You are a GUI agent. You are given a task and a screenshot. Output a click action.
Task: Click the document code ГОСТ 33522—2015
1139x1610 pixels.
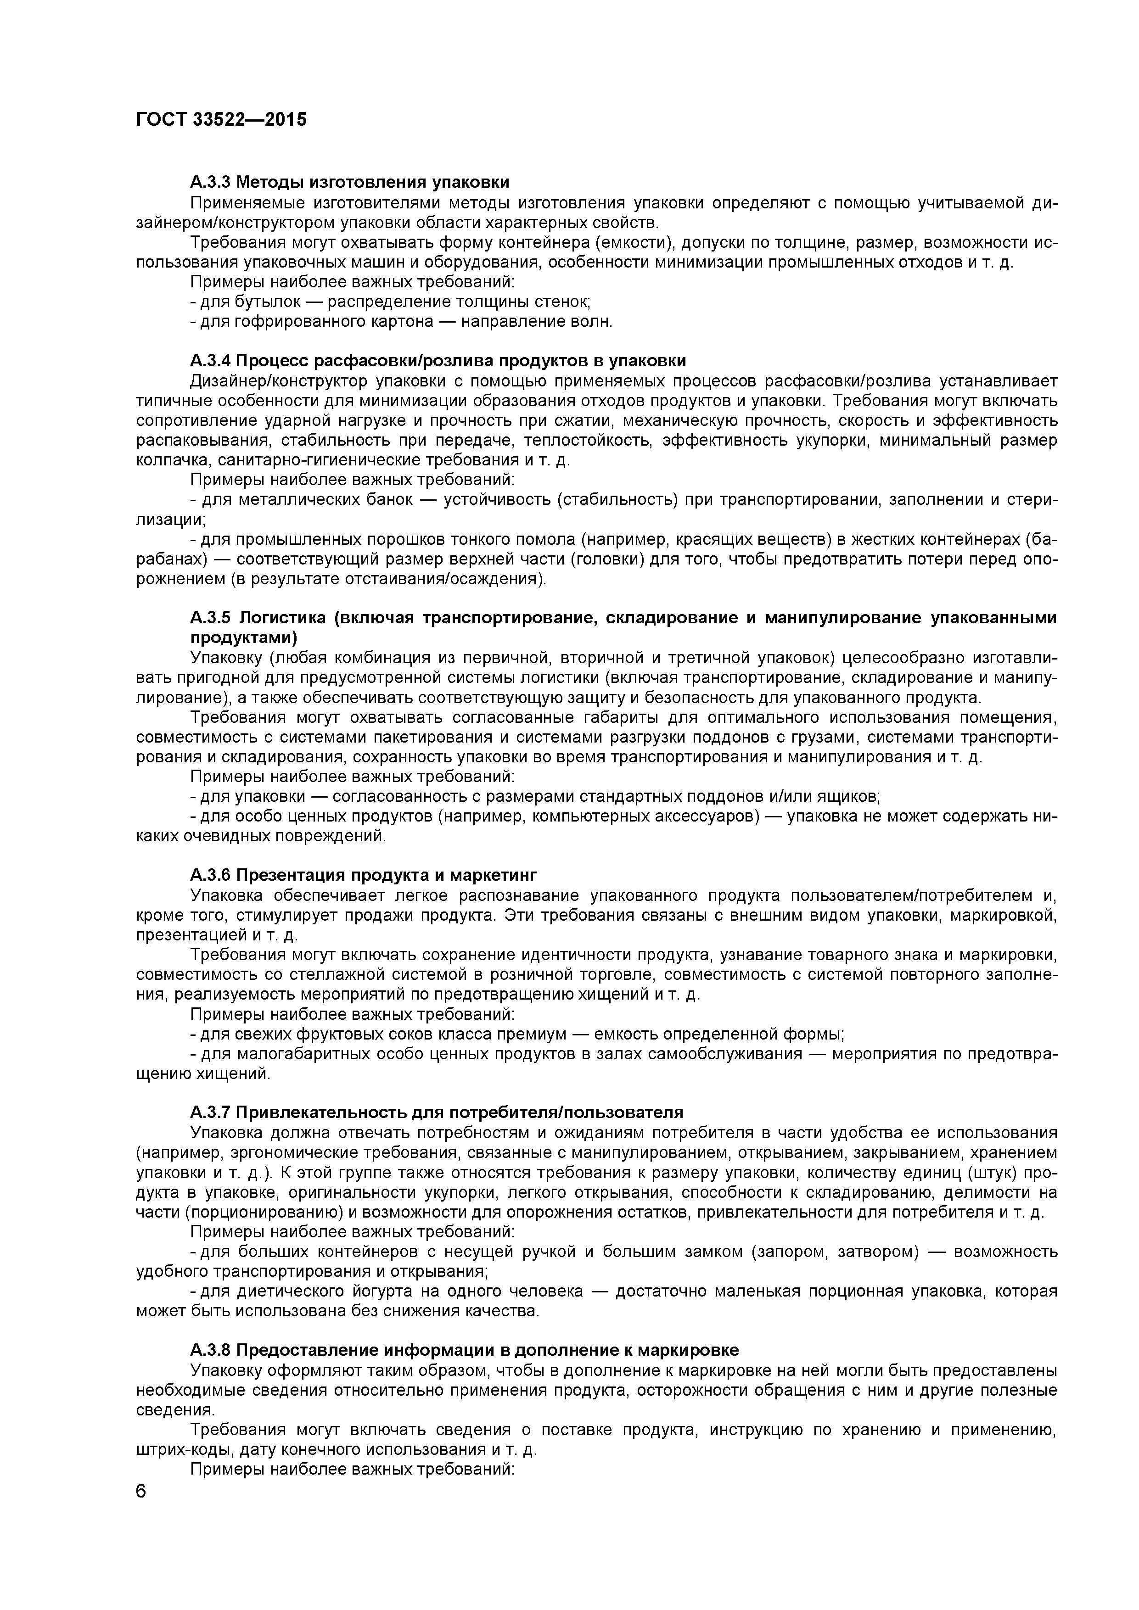[221, 120]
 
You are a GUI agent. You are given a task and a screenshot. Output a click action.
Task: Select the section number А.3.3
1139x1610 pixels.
[210, 182]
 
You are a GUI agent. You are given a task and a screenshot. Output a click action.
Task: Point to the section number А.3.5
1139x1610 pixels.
[210, 618]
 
